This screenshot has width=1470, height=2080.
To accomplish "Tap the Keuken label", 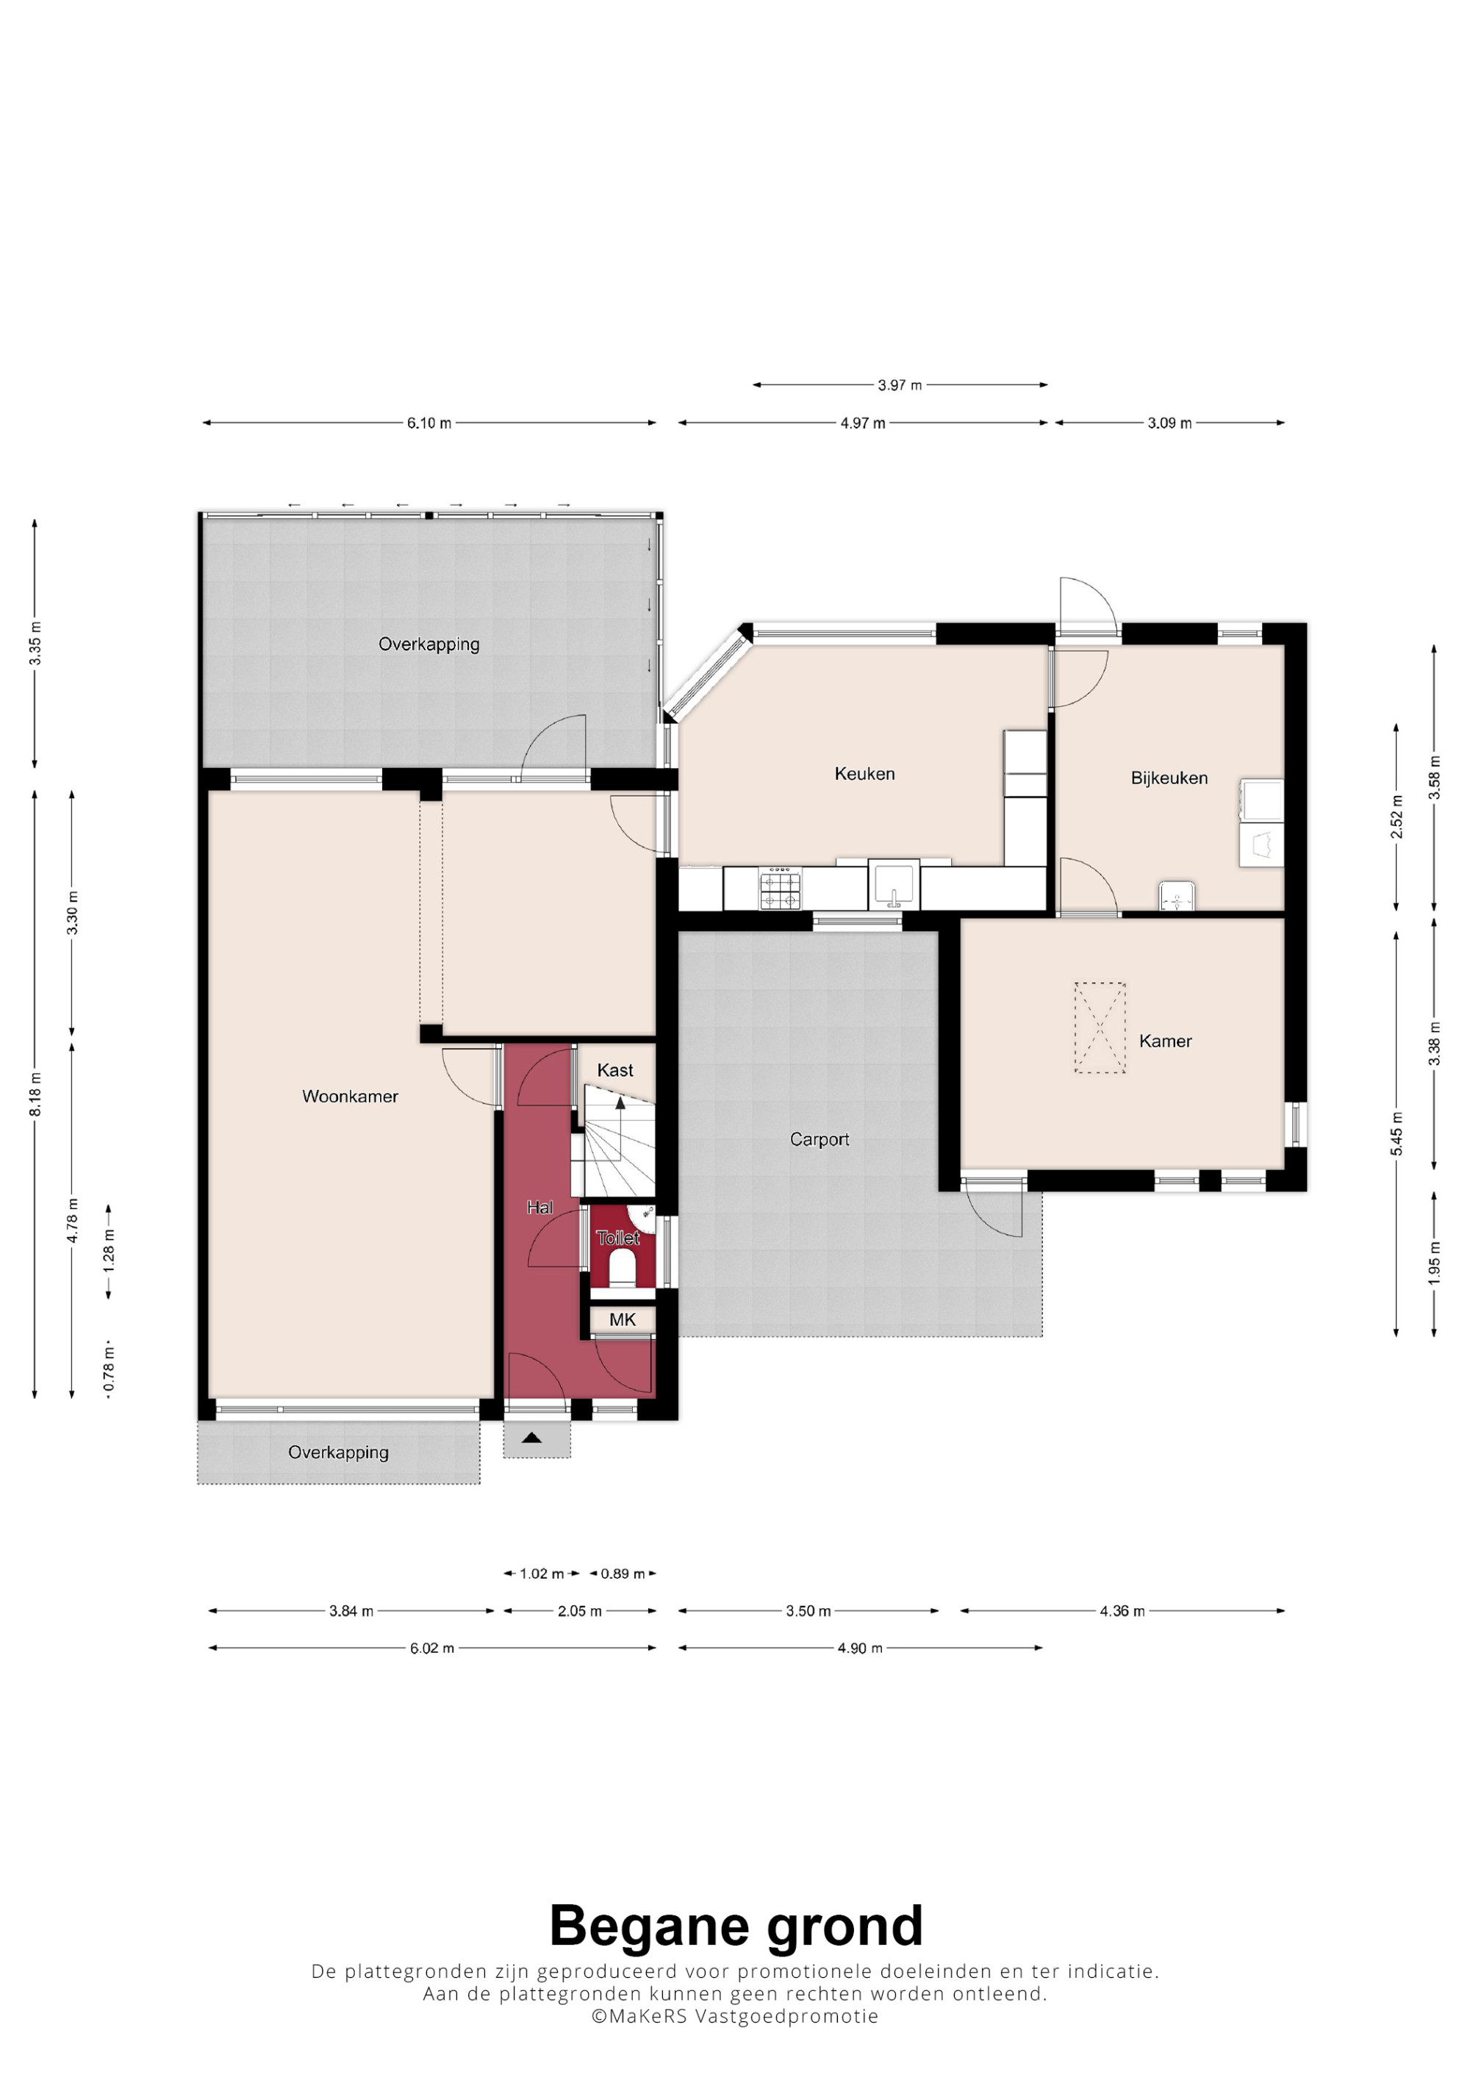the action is click(x=864, y=774).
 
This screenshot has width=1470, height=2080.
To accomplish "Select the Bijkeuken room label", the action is click(x=1169, y=778).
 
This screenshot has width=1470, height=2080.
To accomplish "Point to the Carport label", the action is click(x=819, y=1140).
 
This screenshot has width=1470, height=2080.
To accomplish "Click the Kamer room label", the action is click(x=1165, y=1041).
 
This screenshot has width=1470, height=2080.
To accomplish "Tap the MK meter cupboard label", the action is click(x=623, y=1320).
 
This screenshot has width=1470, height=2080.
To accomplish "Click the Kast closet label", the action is click(x=615, y=1070).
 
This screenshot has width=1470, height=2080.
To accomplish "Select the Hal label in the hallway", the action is click(x=539, y=1208).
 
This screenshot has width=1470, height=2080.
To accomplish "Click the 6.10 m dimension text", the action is click(x=429, y=423).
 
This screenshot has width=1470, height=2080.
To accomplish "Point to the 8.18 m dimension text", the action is click(x=35, y=1095).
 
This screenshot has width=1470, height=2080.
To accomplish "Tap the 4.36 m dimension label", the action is click(x=1122, y=1611).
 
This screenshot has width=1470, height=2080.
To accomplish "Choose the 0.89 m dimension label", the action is click(x=623, y=1574).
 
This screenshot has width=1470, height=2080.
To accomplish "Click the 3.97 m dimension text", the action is click(x=900, y=385).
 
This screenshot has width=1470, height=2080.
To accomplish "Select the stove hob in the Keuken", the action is click(x=780, y=888).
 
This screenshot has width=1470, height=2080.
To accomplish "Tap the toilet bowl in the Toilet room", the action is click(x=623, y=1269).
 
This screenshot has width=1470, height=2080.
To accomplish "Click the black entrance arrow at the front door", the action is click(x=531, y=1437).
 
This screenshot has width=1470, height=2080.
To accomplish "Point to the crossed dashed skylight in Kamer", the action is click(x=1100, y=1028).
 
